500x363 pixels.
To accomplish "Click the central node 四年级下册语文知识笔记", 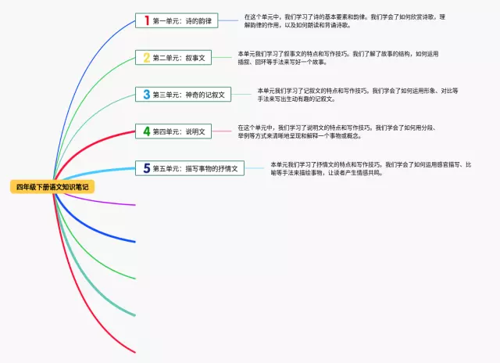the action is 52,187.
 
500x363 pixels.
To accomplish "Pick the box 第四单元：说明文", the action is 173,131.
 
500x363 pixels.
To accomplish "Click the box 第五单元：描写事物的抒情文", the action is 191,168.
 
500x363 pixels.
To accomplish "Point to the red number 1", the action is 145,20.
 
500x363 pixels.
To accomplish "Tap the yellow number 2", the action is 145,57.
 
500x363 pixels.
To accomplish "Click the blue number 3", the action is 145,95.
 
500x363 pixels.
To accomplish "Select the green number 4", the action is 145,131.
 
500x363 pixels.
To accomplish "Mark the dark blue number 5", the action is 146,168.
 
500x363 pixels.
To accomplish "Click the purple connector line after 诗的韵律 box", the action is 228,20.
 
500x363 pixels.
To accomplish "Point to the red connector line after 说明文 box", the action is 222,131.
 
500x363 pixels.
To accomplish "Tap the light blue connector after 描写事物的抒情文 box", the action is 255,168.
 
